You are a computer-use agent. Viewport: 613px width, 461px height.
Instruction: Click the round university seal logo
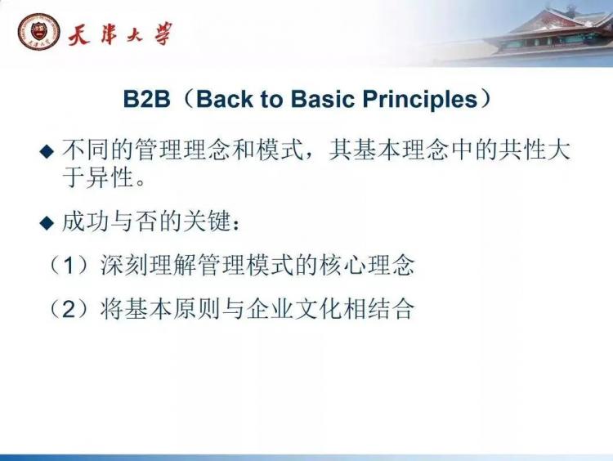coord(38,32)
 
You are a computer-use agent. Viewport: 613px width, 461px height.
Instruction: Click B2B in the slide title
coord(146,99)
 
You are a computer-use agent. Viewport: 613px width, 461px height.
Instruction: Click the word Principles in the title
coord(420,100)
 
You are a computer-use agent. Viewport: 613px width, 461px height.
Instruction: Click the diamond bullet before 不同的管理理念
coord(47,151)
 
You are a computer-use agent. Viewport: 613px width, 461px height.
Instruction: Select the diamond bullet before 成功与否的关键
coord(47,223)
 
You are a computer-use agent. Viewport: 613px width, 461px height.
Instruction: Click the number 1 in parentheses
coord(69,266)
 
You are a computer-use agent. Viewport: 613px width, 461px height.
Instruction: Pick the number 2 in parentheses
coord(69,309)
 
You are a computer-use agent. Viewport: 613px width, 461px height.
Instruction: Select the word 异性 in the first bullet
coord(110,178)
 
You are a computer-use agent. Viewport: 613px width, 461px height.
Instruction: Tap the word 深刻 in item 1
coord(124,266)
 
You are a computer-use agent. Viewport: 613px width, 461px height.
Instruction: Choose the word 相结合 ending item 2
coord(378,309)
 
